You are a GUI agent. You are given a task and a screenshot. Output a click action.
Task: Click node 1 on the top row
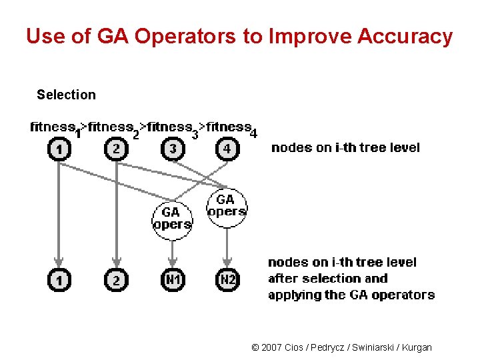coord(59,149)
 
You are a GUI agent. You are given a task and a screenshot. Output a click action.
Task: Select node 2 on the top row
coord(116,149)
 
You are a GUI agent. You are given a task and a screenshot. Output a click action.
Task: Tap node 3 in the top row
coord(173,149)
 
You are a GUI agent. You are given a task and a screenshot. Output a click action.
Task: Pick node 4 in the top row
coord(227,149)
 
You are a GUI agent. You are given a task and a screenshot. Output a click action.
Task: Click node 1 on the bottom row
coord(59,281)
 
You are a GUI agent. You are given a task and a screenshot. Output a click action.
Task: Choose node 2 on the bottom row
coord(116,281)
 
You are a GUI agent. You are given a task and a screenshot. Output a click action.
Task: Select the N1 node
coord(173,281)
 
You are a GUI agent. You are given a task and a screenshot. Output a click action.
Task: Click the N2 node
coord(227,281)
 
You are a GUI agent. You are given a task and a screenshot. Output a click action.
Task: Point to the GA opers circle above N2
coord(227,205)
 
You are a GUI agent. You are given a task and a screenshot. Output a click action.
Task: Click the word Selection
coord(66,95)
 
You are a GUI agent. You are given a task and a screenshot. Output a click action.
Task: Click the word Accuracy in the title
coord(405,36)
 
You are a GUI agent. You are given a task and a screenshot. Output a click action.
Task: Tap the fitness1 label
coord(55,127)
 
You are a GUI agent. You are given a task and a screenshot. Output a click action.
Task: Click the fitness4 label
coord(231,127)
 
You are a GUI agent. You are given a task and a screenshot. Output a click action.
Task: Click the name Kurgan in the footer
coord(417,347)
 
